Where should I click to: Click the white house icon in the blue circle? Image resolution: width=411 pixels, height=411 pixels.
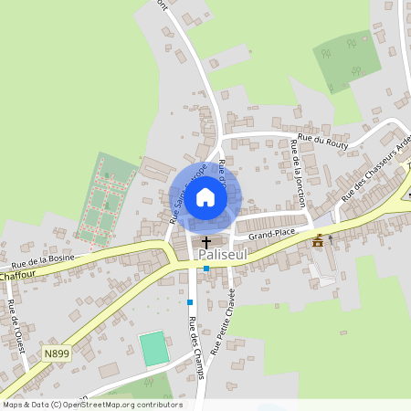coord(205,196)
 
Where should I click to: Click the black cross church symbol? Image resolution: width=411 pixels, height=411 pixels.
coord(206,242)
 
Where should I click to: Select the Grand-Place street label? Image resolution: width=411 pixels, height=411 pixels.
coord(269,235)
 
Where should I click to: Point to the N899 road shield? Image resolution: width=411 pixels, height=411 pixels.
coord(55,350)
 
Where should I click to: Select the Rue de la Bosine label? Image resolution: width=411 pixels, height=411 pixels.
coord(44,260)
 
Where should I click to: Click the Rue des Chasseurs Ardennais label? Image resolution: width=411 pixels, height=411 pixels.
coord(376,169)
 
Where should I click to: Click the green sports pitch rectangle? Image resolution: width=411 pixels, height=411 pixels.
coord(154,350)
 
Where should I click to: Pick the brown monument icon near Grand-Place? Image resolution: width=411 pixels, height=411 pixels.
coord(318,241)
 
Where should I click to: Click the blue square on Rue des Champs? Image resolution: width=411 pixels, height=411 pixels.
coord(190,301)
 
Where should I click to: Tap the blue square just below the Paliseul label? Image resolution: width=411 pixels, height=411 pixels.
coord(207,269)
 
